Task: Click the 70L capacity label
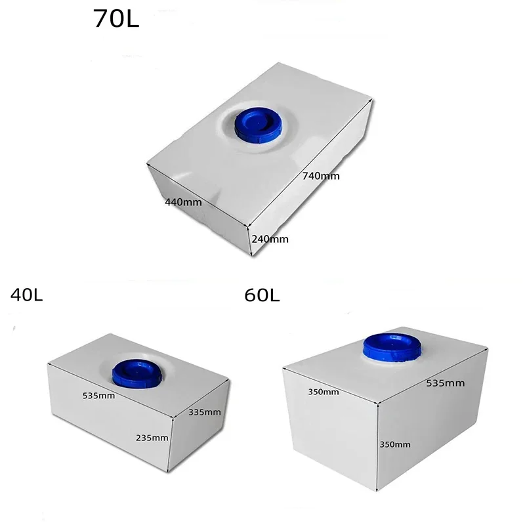[117, 19]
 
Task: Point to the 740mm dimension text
[320, 176]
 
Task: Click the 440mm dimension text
[184, 202]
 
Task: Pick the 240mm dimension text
[270, 239]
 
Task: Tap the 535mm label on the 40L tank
[99, 396]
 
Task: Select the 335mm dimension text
[204, 412]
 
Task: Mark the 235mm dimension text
[152, 438]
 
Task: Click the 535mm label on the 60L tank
[445, 383]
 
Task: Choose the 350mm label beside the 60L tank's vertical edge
[395, 444]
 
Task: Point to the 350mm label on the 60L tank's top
[323, 392]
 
